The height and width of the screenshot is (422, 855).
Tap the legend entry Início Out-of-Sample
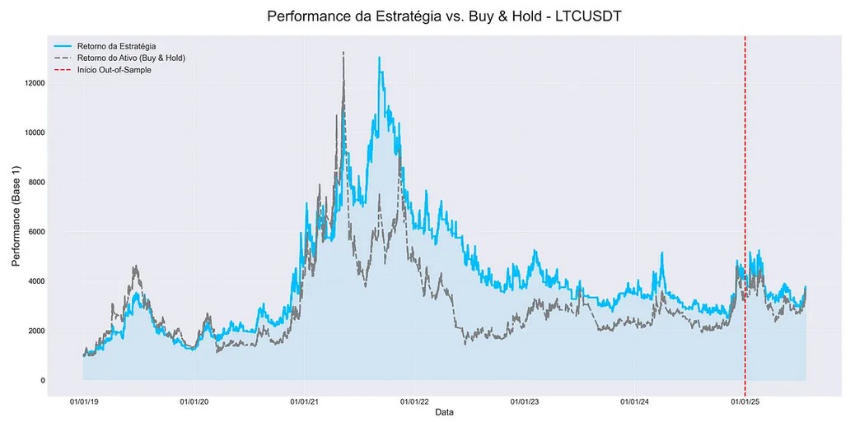pos(114,70)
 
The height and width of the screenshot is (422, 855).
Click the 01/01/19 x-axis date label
pos(84,402)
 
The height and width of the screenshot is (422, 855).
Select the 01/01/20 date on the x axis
pos(194,402)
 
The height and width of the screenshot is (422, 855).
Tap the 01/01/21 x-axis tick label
pos(305,402)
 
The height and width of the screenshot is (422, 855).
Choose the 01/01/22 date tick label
pos(414,402)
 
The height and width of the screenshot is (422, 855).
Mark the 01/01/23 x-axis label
pos(525,402)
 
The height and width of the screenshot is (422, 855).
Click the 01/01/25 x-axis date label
pos(745,402)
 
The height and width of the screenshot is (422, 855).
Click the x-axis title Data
pos(443,412)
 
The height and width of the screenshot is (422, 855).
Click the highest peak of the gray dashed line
pos(343,53)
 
